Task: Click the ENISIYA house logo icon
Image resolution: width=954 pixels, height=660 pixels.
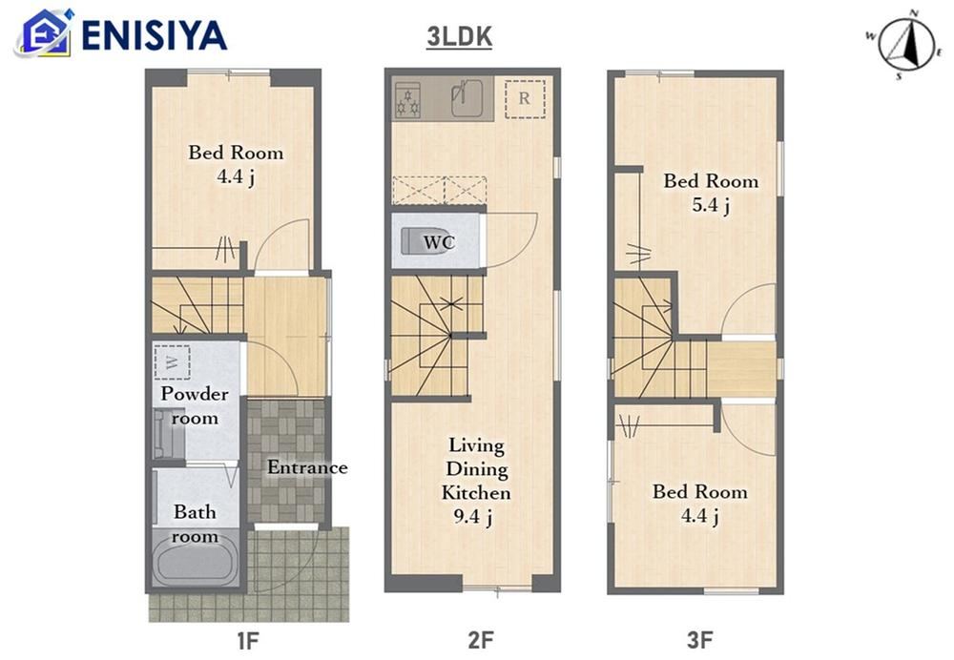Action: [x=44, y=33]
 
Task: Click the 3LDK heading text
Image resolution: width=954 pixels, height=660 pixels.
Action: [x=460, y=37]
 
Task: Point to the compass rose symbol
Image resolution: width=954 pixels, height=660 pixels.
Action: [x=903, y=45]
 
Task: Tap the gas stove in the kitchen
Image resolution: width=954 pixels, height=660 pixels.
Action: [x=407, y=99]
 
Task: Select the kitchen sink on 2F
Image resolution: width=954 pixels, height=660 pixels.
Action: [x=467, y=98]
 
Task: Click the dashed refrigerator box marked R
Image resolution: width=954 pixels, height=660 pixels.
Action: [x=525, y=98]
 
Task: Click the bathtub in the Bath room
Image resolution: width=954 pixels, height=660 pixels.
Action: [x=194, y=562]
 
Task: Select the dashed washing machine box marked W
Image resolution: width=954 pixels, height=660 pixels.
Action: [x=172, y=362]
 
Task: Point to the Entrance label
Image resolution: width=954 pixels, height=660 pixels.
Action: [x=307, y=467]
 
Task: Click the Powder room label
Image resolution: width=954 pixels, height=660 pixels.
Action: [x=195, y=405]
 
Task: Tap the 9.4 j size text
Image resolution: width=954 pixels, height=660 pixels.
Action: [x=473, y=516]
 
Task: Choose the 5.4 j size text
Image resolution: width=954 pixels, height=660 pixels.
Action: [x=711, y=205]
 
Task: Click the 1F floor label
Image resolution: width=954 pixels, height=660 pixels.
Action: [x=248, y=640]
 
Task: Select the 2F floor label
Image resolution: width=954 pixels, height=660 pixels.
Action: [x=480, y=640]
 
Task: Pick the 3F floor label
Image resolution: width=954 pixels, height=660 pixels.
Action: [x=699, y=640]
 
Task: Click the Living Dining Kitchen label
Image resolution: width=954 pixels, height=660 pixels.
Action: [x=476, y=469]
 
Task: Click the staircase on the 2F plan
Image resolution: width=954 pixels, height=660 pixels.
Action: [x=437, y=336]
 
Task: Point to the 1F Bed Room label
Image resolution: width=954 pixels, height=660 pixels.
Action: [x=236, y=152]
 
